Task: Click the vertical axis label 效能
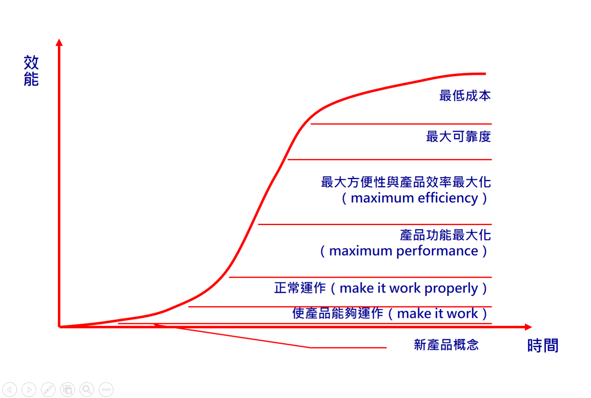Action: [x=31, y=71]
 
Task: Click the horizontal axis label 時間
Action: [x=543, y=345]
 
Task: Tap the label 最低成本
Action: [x=465, y=96]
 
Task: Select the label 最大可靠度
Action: [x=458, y=136]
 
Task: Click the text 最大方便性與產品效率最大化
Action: [x=405, y=182]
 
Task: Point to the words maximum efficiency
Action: [x=415, y=198]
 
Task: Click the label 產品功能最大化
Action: [x=445, y=235]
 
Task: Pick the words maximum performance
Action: [x=403, y=251]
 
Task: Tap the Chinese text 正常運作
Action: [x=300, y=288]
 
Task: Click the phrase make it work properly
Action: [x=409, y=288]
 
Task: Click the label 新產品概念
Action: [x=446, y=345]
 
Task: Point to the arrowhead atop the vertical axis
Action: [x=59, y=42]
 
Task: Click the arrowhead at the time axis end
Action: [x=528, y=327]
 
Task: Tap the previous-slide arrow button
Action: [x=9, y=389]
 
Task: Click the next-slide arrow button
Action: [x=29, y=389]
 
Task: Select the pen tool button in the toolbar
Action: [x=48, y=389]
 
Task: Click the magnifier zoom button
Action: [x=87, y=389]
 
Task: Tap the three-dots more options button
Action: [x=106, y=389]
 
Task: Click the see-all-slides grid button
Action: [x=67, y=389]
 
